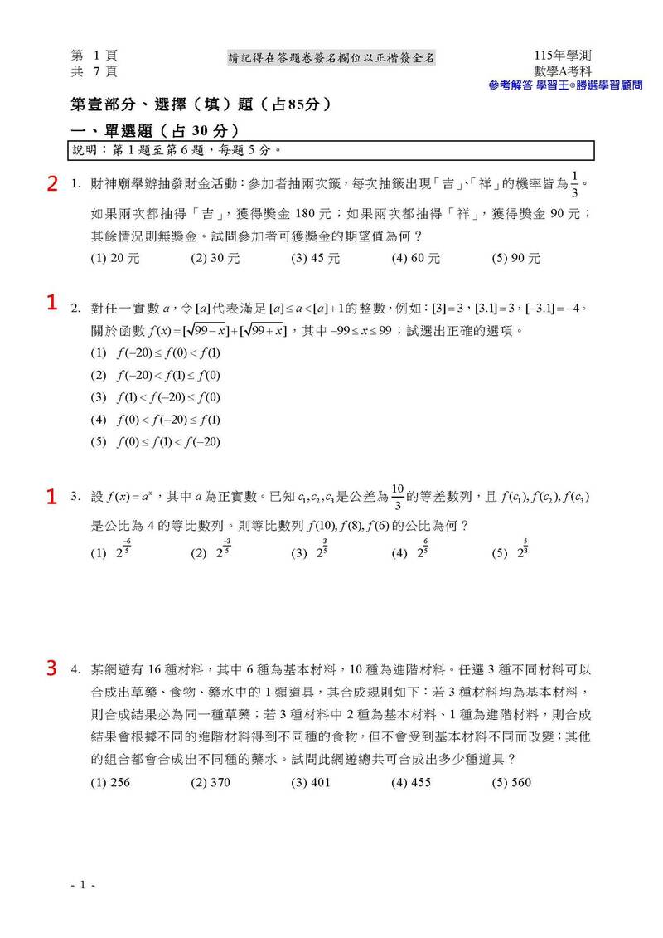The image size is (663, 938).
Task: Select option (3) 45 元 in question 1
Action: [316, 258]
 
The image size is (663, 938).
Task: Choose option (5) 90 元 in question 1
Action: [516, 258]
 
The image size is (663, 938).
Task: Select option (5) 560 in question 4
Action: [511, 782]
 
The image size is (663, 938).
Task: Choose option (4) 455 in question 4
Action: [411, 782]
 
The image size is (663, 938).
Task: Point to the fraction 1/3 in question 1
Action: [576, 183]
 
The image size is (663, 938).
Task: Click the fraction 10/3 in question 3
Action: [397, 497]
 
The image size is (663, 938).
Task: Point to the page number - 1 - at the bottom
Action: [83, 887]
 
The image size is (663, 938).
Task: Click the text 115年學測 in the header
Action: [563, 56]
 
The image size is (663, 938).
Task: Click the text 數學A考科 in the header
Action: [563, 71]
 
